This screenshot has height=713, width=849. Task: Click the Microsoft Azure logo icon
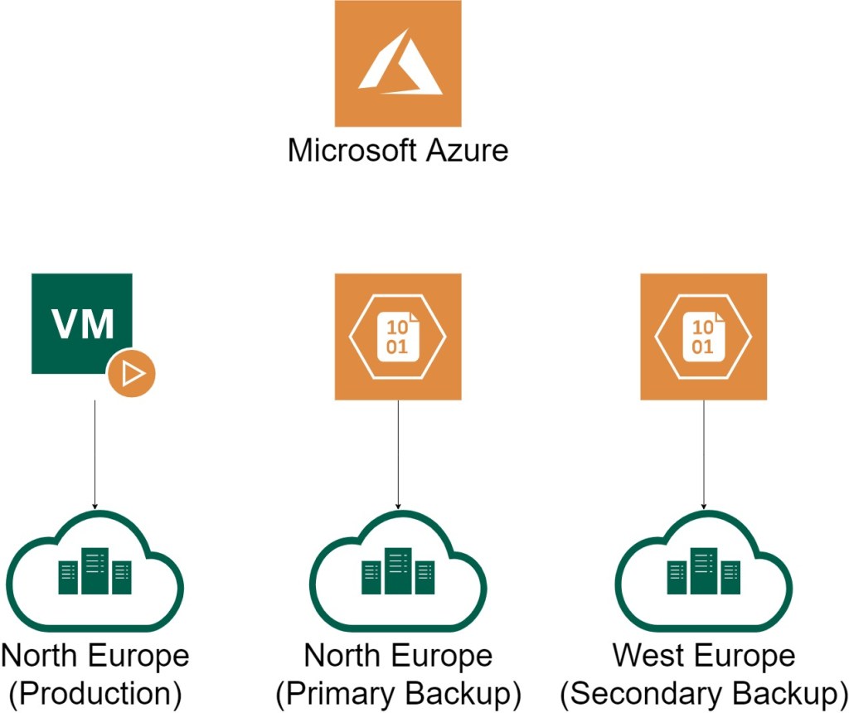click(x=398, y=64)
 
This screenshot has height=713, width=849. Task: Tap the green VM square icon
click(x=81, y=323)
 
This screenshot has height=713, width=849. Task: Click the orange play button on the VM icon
click(x=132, y=375)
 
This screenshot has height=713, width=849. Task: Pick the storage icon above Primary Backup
click(x=398, y=337)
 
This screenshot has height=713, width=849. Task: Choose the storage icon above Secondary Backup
click(x=703, y=337)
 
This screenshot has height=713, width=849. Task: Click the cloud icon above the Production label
click(x=95, y=573)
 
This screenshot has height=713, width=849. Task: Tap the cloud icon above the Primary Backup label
click(x=398, y=573)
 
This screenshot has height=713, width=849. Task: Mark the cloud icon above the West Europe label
click(x=703, y=573)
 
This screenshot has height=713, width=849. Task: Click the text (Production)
click(x=95, y=692)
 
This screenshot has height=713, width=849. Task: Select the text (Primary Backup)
click(x=398, y=692)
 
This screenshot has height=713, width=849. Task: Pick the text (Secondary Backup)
click(x=703, y=692)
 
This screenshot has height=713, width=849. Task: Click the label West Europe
click(x=703, y=657)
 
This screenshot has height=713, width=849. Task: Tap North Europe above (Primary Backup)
click(x=398, y=657)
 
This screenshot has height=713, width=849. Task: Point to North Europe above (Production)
click(x=95, y=657)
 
